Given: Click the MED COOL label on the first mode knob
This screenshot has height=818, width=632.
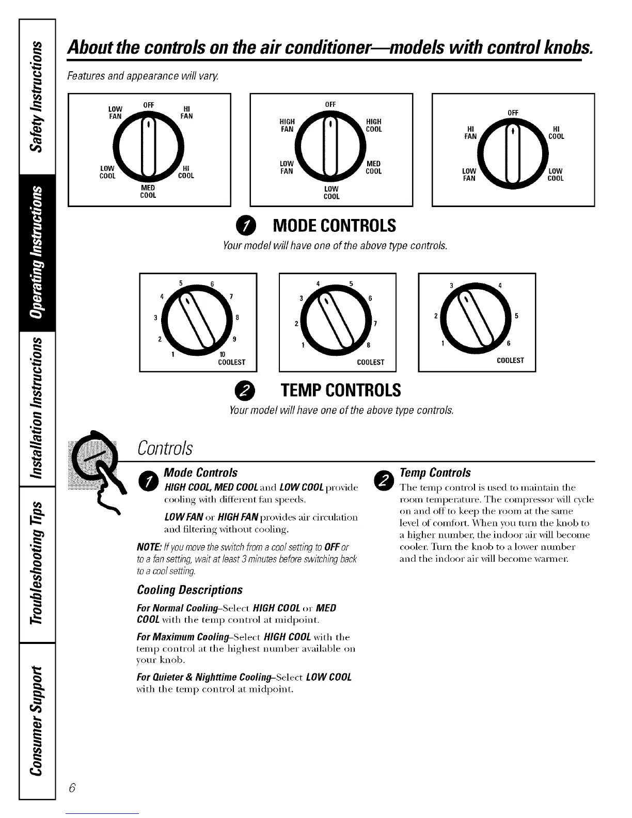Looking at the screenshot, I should tap(148, 192).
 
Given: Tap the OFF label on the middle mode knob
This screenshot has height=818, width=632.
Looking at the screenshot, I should tap(331, 104).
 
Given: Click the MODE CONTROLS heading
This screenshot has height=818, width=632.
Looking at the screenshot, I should tap(334, 226).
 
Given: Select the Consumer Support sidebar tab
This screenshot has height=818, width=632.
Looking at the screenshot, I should tap(36, 719).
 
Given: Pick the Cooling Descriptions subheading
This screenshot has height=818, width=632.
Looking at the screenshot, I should tap(189, 590).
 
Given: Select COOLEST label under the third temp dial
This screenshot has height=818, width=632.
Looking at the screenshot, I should tap(510, 360).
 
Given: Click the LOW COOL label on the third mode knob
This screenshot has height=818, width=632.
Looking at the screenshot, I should tap(556, 175).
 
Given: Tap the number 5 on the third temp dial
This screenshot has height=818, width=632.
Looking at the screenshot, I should tap(516, 316).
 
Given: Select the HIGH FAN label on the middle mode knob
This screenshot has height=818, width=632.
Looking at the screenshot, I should tap(287, 125).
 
